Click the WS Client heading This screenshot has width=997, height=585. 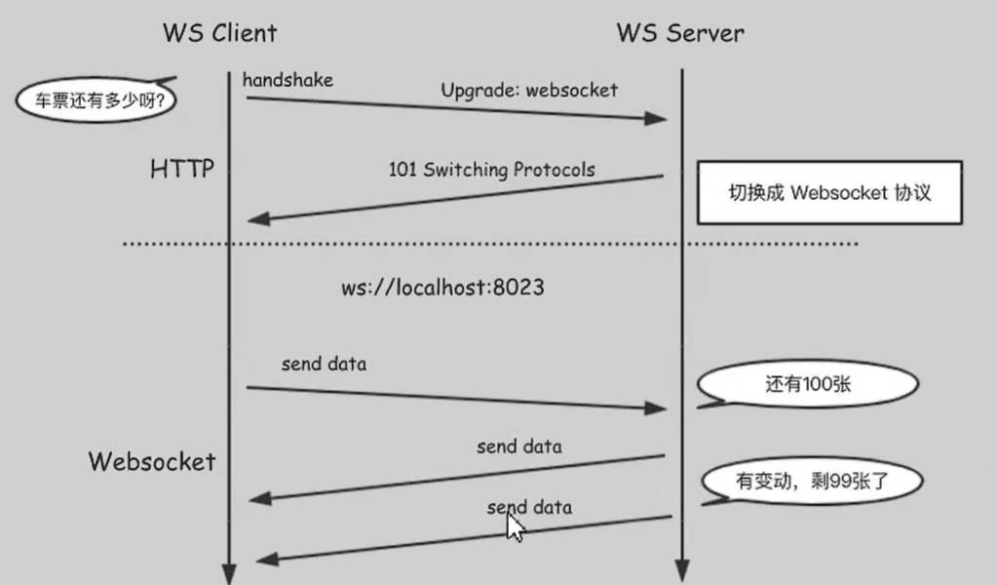coord(219,32)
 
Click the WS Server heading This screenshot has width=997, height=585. coord(680,32)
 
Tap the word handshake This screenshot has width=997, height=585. coord(288,80)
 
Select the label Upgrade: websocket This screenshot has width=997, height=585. coord(529,91)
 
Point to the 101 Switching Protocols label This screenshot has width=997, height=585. coord(491,169)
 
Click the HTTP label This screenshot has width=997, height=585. coord(182,170)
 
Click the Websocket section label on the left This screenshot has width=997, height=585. coord(152,461)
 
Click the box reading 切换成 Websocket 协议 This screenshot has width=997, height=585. coord(828,192)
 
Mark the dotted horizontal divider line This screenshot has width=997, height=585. coord(487,244)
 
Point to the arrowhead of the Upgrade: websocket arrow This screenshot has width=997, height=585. coord(657,119)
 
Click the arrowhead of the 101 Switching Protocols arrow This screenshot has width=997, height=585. coord(257,219)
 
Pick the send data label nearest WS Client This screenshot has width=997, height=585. coord(324,365)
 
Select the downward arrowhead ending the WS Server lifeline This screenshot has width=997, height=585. coord(681,571)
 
